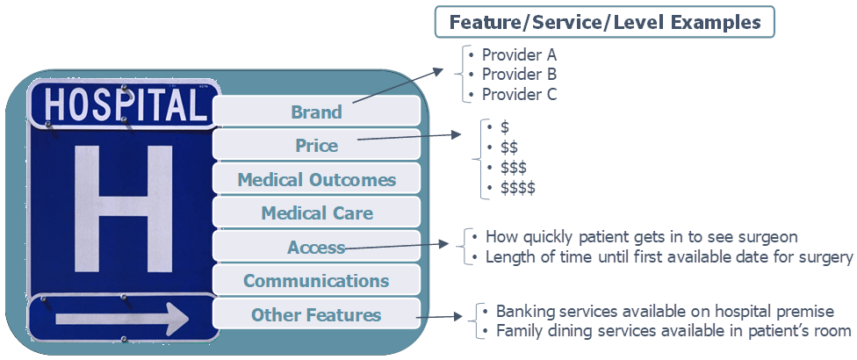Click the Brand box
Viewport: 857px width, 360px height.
(316, 112)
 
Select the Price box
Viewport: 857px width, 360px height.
(316, 145)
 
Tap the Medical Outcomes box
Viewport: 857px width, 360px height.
(316, 179)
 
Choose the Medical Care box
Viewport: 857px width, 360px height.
(316, 212)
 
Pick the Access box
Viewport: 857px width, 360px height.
(316, 247)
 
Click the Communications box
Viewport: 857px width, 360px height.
(316, 281)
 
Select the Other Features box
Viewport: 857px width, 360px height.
(316, 314)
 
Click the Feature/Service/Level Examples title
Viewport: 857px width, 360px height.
(604, 22)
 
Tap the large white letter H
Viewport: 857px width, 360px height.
(124, 209)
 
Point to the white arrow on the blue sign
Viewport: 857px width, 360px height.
(122, 319)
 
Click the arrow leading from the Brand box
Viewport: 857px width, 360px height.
(398, 86)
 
